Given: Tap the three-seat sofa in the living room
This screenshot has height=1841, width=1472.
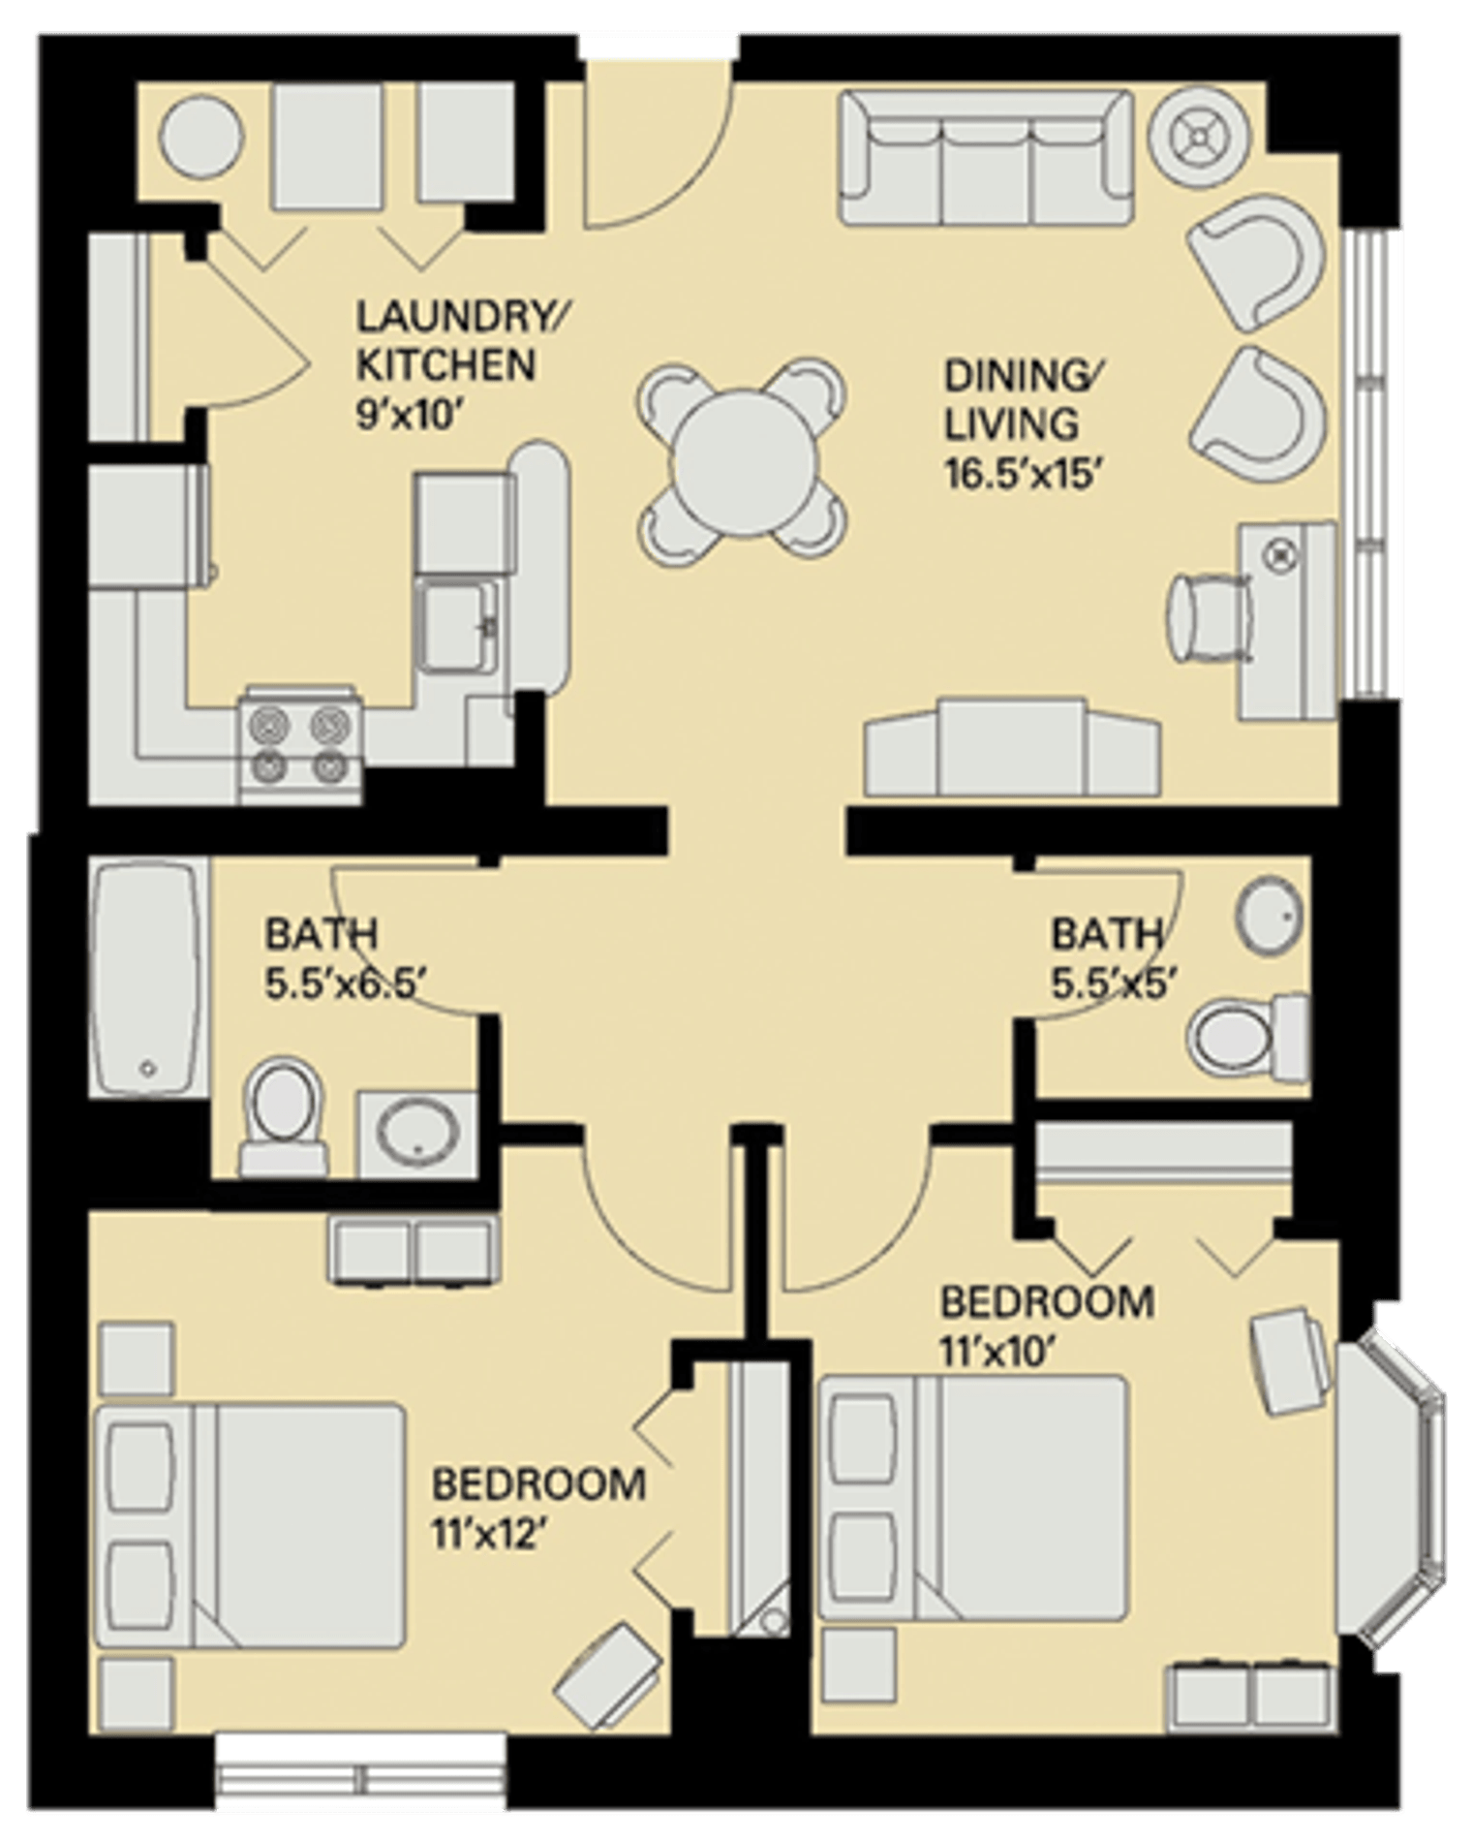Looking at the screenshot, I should (x=986, y=158).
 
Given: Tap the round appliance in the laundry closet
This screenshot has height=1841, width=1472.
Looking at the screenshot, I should (x=201, y=137).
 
